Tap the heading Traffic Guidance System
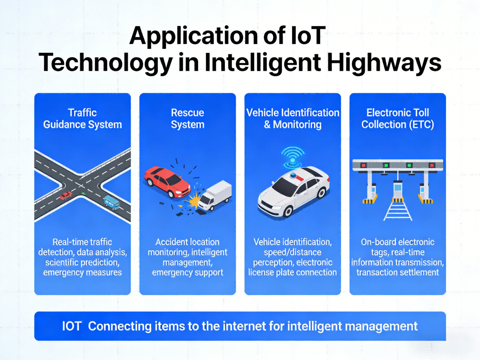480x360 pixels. tap(83, 118)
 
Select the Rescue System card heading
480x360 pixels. tap(187, 118)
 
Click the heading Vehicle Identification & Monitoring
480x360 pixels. tap(293, 118)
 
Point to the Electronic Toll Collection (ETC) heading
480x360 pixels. tap(397, 118)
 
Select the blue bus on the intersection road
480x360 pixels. tap(112, 202)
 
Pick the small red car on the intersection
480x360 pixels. tap(66, 196)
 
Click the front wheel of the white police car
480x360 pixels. tap(287, 210)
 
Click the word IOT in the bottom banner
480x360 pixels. tap(72, 326)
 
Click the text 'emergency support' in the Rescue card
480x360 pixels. tap(187, 272)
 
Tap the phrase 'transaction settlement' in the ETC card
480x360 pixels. tap(397, 272)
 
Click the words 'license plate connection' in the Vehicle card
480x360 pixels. tap(293, 272)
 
